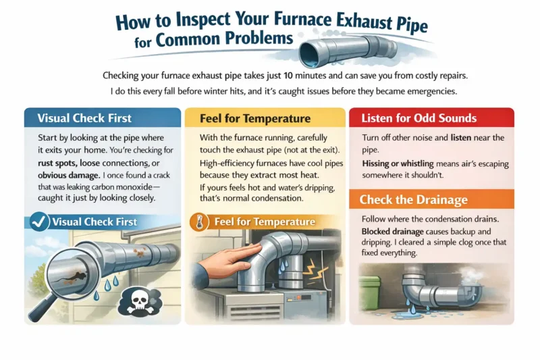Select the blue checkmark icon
[x=40, y=222]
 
